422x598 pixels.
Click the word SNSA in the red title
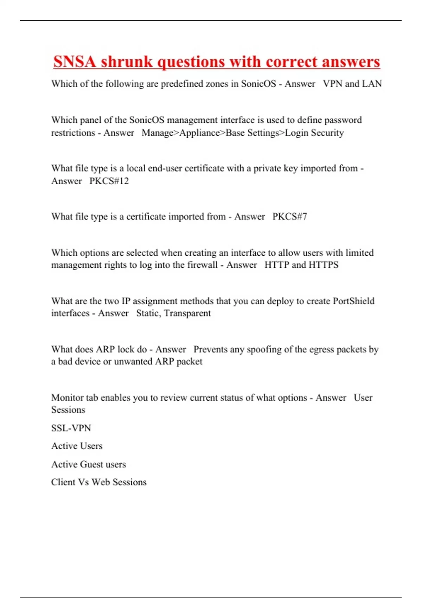[x=74, y=62]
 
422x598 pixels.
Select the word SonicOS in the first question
[x=258, y=84]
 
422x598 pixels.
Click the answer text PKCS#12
[x=109, y=181]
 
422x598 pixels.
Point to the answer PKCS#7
[x=290, y=217]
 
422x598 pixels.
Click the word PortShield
[x=353, y=301]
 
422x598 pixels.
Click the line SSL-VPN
[x=71, y=428]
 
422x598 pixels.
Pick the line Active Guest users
[x=88, y=464]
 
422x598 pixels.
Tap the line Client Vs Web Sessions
[x=99, y=482]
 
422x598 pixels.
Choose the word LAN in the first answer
[x=372, y=84]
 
